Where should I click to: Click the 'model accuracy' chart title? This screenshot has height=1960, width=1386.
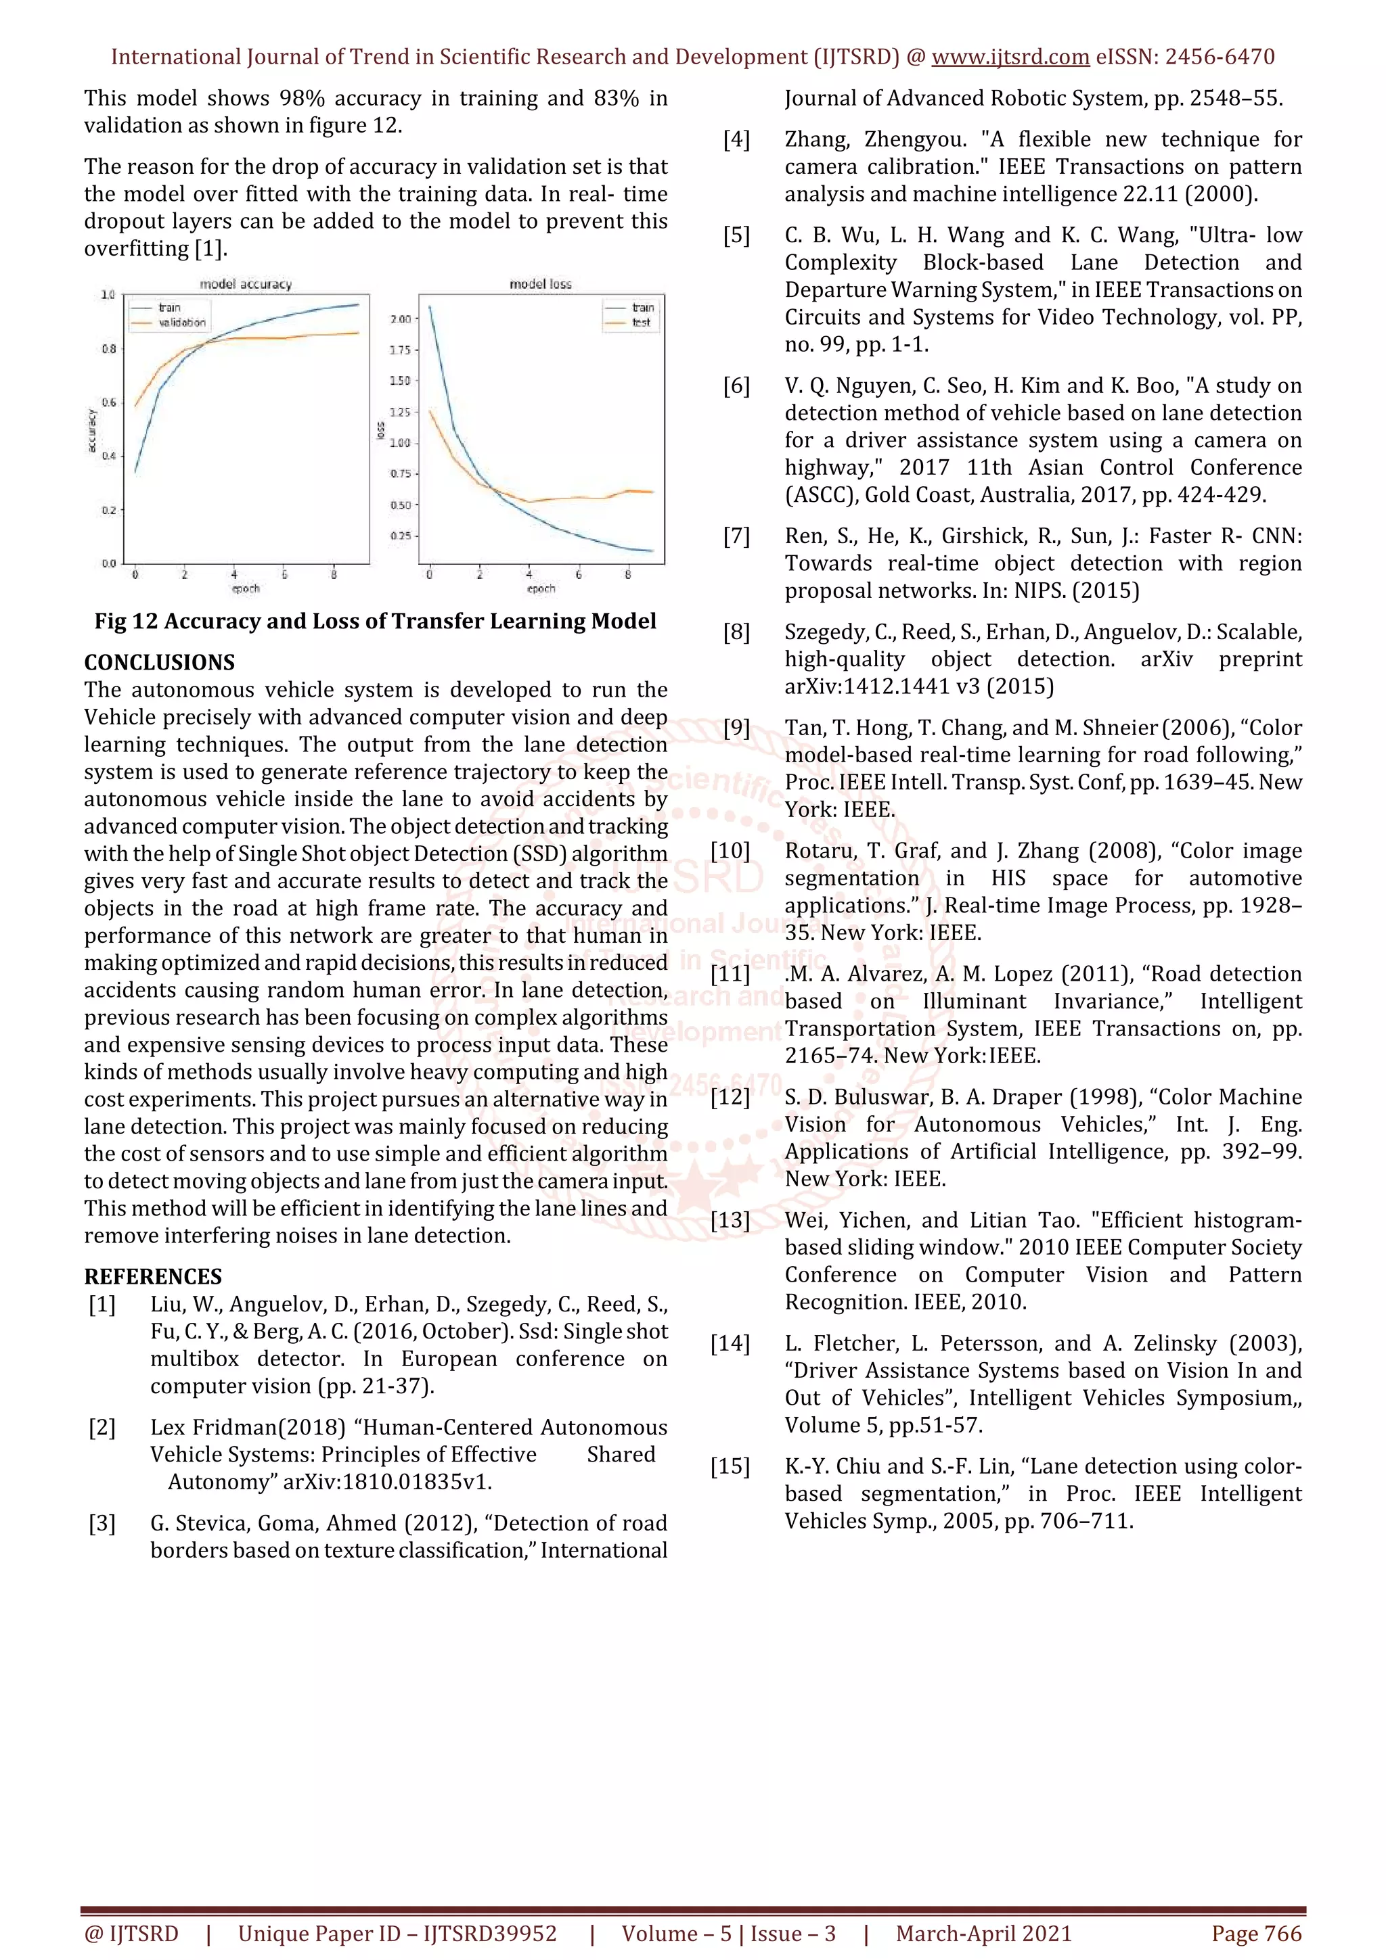pyautogui.click(x=245, y=284)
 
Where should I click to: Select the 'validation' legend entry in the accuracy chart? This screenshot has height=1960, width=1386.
pyautogui.click(x=181, y=323)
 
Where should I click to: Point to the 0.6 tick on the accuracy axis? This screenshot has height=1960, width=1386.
pyautogui.click(x=110, y=402)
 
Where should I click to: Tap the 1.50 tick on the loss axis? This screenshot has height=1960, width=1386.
pyautogui.click(x=400, y=381)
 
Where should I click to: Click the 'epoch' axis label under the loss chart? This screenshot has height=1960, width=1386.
pyautogui.click(x=541, y=589)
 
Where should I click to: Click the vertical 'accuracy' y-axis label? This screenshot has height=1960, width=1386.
pyautogui.click(x=92, y=431)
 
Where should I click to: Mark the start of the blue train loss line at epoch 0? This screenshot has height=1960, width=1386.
pyautogui.click(x=430, y=307)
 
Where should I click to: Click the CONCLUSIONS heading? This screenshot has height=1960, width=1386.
pyautogui.click(x=159, y=662)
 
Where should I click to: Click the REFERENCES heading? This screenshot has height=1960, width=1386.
pyautogui.click(x=153, y=1277)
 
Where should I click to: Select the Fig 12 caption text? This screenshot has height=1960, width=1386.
pyautogui.click(x=375, y=622)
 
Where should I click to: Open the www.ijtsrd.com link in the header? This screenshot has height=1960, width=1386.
pyautogui.click(x=1010, y=57)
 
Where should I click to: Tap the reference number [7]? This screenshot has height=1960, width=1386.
pyautogui.click(x=736, y=537)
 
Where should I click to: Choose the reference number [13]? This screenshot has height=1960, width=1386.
pyautogui.click(x=730, y=1221)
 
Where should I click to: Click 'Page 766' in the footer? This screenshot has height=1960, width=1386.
pyautogui.click(x=1256, y=1934)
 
